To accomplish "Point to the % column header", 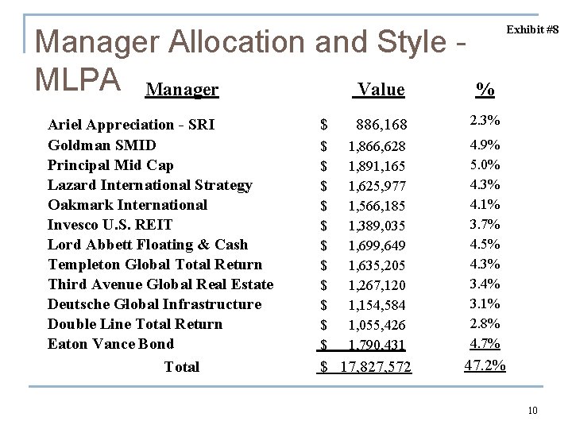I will [x=485, y=90].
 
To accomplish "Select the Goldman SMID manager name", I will [x=102, y=145].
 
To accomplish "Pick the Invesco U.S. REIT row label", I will [x=121, y=225].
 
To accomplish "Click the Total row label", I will [x=181, y=367].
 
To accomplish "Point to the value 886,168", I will [x=382, y=125].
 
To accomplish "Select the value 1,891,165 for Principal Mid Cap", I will [x=377, y=166].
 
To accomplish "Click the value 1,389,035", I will [x=377, y=226].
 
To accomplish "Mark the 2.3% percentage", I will [x=485, y=122].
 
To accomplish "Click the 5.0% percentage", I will [x=485, y=164].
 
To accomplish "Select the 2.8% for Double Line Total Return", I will [x=485, y=323].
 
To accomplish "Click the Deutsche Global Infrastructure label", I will [x=154, y=304].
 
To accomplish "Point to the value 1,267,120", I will [x=377, y=285].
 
